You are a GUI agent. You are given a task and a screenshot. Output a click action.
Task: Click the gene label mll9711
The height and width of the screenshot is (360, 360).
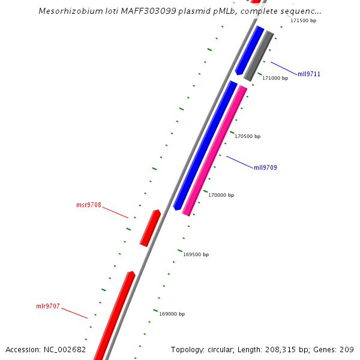coord(309,74)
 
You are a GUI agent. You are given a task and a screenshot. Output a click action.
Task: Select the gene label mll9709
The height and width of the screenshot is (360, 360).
coord(265,167)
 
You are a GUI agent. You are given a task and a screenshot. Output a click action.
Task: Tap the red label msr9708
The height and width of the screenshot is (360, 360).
coord(88,205)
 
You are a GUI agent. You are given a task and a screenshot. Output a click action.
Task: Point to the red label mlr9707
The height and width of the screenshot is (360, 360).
coord(48,307)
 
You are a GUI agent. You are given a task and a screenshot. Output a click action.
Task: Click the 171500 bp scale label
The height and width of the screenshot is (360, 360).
coord(303,20)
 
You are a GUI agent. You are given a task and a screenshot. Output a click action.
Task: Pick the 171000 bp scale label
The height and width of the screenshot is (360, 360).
coord(275,78)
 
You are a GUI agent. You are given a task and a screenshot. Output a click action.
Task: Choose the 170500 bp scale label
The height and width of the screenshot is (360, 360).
coord(247,136)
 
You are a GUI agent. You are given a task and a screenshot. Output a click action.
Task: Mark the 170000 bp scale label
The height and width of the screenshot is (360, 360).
coord(221,195)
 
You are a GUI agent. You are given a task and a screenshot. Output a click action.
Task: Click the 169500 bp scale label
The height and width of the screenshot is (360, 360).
coord(196,254)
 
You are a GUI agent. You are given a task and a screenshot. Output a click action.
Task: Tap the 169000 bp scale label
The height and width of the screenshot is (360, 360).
coord(172,314)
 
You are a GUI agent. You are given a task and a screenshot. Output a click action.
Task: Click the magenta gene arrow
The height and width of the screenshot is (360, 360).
coord(215,150)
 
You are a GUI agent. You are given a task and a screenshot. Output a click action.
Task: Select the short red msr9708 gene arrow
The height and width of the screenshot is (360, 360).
coord(150,228)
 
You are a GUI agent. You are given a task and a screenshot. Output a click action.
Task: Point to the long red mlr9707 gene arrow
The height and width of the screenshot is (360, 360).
coord(114,315)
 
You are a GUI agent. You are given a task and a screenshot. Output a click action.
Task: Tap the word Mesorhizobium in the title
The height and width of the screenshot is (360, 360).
coord(68,11)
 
